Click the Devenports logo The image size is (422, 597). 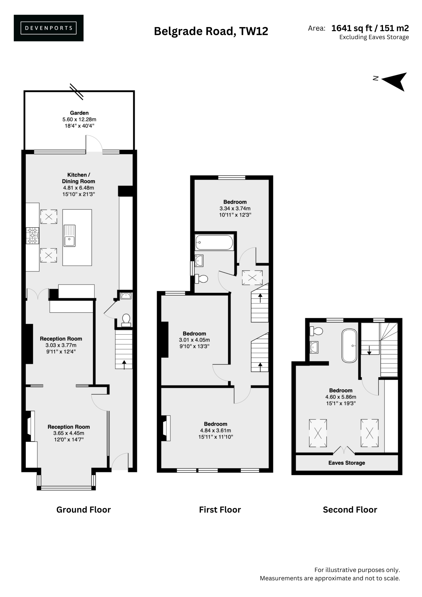click(49, 28)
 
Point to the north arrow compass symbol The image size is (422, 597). click(394, 81)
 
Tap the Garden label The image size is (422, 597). click(79, 113)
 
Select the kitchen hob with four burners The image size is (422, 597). click(32, 236)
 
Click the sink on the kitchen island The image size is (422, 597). click(69, 236)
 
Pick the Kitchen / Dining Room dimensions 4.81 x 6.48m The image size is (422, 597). click(79, 188)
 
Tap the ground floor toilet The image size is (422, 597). click(126, 320)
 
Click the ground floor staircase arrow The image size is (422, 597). click(124, 364)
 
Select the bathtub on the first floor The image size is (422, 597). click(214, 242)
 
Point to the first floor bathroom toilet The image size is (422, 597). click(201, 279)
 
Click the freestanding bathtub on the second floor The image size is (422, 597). click(349, 346)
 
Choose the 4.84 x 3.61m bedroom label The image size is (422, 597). click(216, 430)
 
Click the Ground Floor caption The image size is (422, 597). click(83, 510)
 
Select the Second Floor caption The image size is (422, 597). click(350, 510)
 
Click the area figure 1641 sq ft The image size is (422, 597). click(352, 28)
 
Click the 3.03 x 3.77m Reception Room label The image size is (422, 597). click(61, 345)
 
